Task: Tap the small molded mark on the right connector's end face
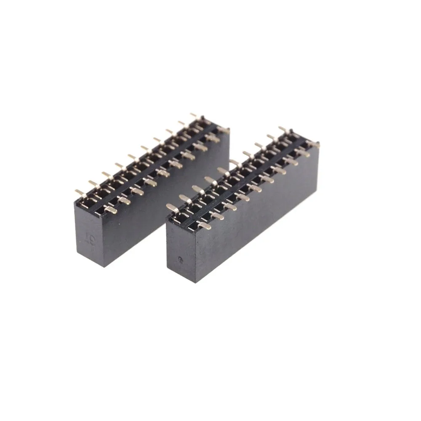(181, 259)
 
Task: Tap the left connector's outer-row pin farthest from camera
(194, 115)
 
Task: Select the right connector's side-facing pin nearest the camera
(204, 226)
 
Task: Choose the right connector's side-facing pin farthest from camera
(313, 144)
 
